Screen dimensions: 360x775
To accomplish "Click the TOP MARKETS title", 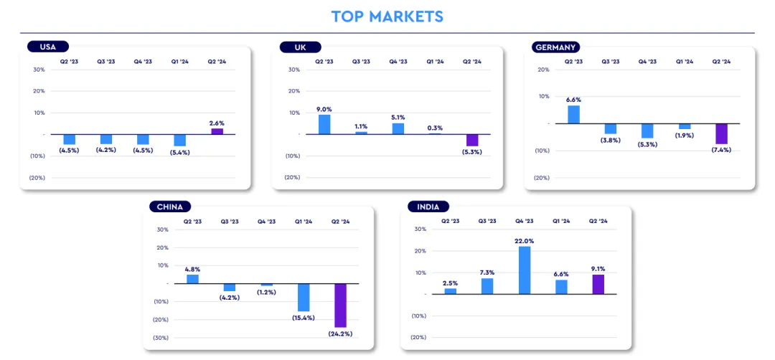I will pos(387,16).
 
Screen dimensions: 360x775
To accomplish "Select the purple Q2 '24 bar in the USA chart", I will pos(217,131).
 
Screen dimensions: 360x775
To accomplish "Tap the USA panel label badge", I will pos(48,47).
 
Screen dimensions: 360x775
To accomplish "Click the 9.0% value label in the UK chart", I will pos(324,109).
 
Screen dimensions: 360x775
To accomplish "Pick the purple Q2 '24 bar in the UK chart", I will pos(472,141).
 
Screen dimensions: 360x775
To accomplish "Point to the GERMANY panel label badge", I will pos(556,47).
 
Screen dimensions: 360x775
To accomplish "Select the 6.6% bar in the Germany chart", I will pos(573,115).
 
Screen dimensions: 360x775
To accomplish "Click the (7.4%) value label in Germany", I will pos(721,150).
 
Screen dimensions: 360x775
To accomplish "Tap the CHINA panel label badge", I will pos(170,207).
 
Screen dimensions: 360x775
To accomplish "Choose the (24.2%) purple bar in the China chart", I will pos(340,305).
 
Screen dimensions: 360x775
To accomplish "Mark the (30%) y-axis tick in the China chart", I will pos(161,337).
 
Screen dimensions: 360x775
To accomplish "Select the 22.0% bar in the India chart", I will pos(525,270).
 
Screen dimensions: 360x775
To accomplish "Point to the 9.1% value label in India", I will pos(598,269).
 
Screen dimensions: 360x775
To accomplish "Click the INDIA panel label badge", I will pos(428,207).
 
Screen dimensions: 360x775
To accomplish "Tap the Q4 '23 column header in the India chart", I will pos(525,222).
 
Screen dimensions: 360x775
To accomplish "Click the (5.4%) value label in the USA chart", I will pos(179,152).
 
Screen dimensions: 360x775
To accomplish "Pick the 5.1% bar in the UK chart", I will pos(398,128).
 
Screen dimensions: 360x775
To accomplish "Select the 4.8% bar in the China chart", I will pos(192,279).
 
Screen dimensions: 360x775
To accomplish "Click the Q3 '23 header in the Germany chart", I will pos(611,62).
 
